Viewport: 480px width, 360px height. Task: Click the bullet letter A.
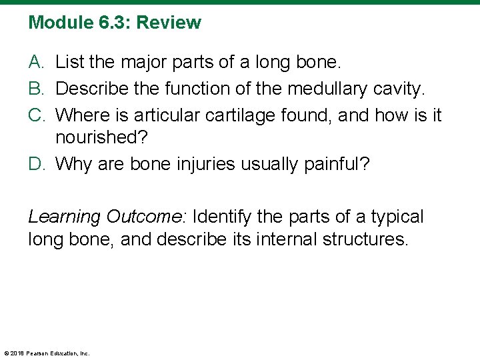coord(36,63)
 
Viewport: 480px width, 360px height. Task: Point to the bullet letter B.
coord(36,89)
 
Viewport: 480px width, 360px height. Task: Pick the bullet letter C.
coord(36,115)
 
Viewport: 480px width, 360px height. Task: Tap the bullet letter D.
coord(36,164)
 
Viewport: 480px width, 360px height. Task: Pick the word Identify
coord(224,217)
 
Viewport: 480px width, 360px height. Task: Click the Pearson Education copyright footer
coord(47,353)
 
